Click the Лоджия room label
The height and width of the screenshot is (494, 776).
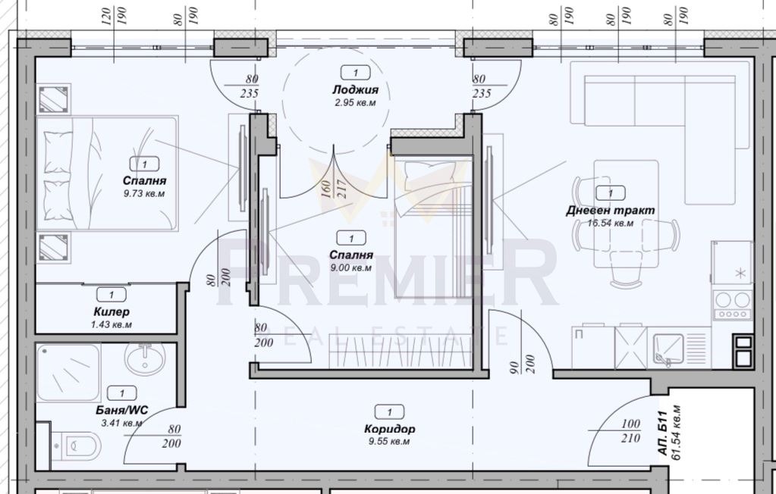pos(355,89)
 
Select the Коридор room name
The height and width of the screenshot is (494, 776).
pos(389,429)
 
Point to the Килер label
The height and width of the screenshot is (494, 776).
pos(112,311)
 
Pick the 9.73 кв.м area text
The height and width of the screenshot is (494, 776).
pos(144,194)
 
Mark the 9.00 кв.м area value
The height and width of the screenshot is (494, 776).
pos(350,267)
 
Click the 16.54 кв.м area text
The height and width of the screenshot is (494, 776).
pos(610,224)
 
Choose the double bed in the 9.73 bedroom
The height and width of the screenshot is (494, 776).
pos(110,172)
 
